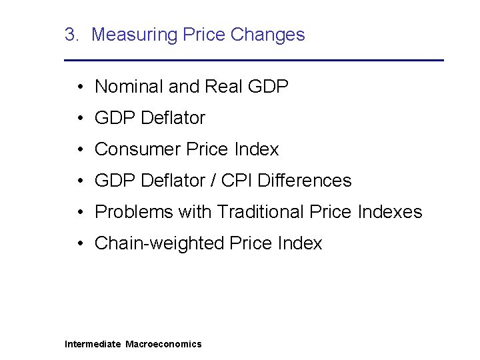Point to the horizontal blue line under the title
click(253, 61)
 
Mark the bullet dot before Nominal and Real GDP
click(79, 87)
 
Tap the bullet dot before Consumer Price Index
click(79, 149)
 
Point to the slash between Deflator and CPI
click(210, 181)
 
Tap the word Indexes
click(390, 212)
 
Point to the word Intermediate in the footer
click(93, 344)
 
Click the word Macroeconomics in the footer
click(163, 344)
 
